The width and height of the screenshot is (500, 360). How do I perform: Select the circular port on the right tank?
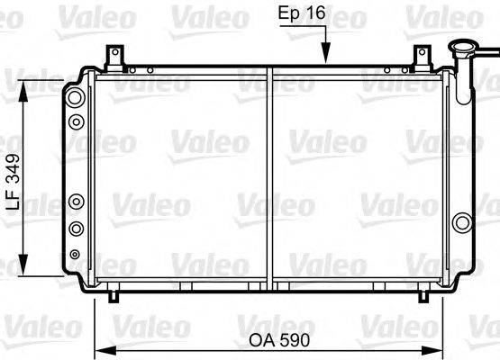(x=462, y=222)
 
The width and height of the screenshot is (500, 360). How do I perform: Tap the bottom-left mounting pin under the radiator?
(x=113, y=295)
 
